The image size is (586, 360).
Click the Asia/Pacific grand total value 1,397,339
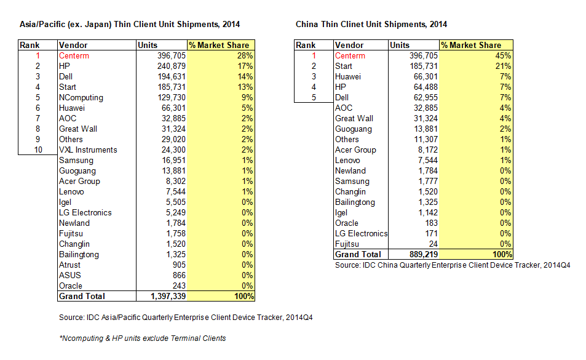point(168,297)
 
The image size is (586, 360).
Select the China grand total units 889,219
point(424,255)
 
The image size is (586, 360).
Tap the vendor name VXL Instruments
point(88,150)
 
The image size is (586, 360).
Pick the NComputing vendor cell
point(81,98)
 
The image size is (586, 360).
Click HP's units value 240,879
point(172,66)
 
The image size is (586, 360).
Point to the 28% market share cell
point(245,56)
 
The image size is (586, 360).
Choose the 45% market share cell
point(503,56)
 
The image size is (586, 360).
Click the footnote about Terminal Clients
point(143,338)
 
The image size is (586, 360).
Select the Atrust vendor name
point(69,265)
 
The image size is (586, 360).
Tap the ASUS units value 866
point(179,276)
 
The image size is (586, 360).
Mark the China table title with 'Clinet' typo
point(371,24)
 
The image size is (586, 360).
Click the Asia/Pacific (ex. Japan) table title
point(130,24)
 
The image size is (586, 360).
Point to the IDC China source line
point(453,265)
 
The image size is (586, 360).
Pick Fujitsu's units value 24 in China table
point(433,244)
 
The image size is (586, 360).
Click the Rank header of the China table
point(306,46)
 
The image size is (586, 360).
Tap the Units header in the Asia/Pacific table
point(148,46)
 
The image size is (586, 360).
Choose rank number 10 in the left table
point(38,150)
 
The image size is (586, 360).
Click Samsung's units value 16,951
point(173,161)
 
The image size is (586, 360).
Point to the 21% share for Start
point(503,66)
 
